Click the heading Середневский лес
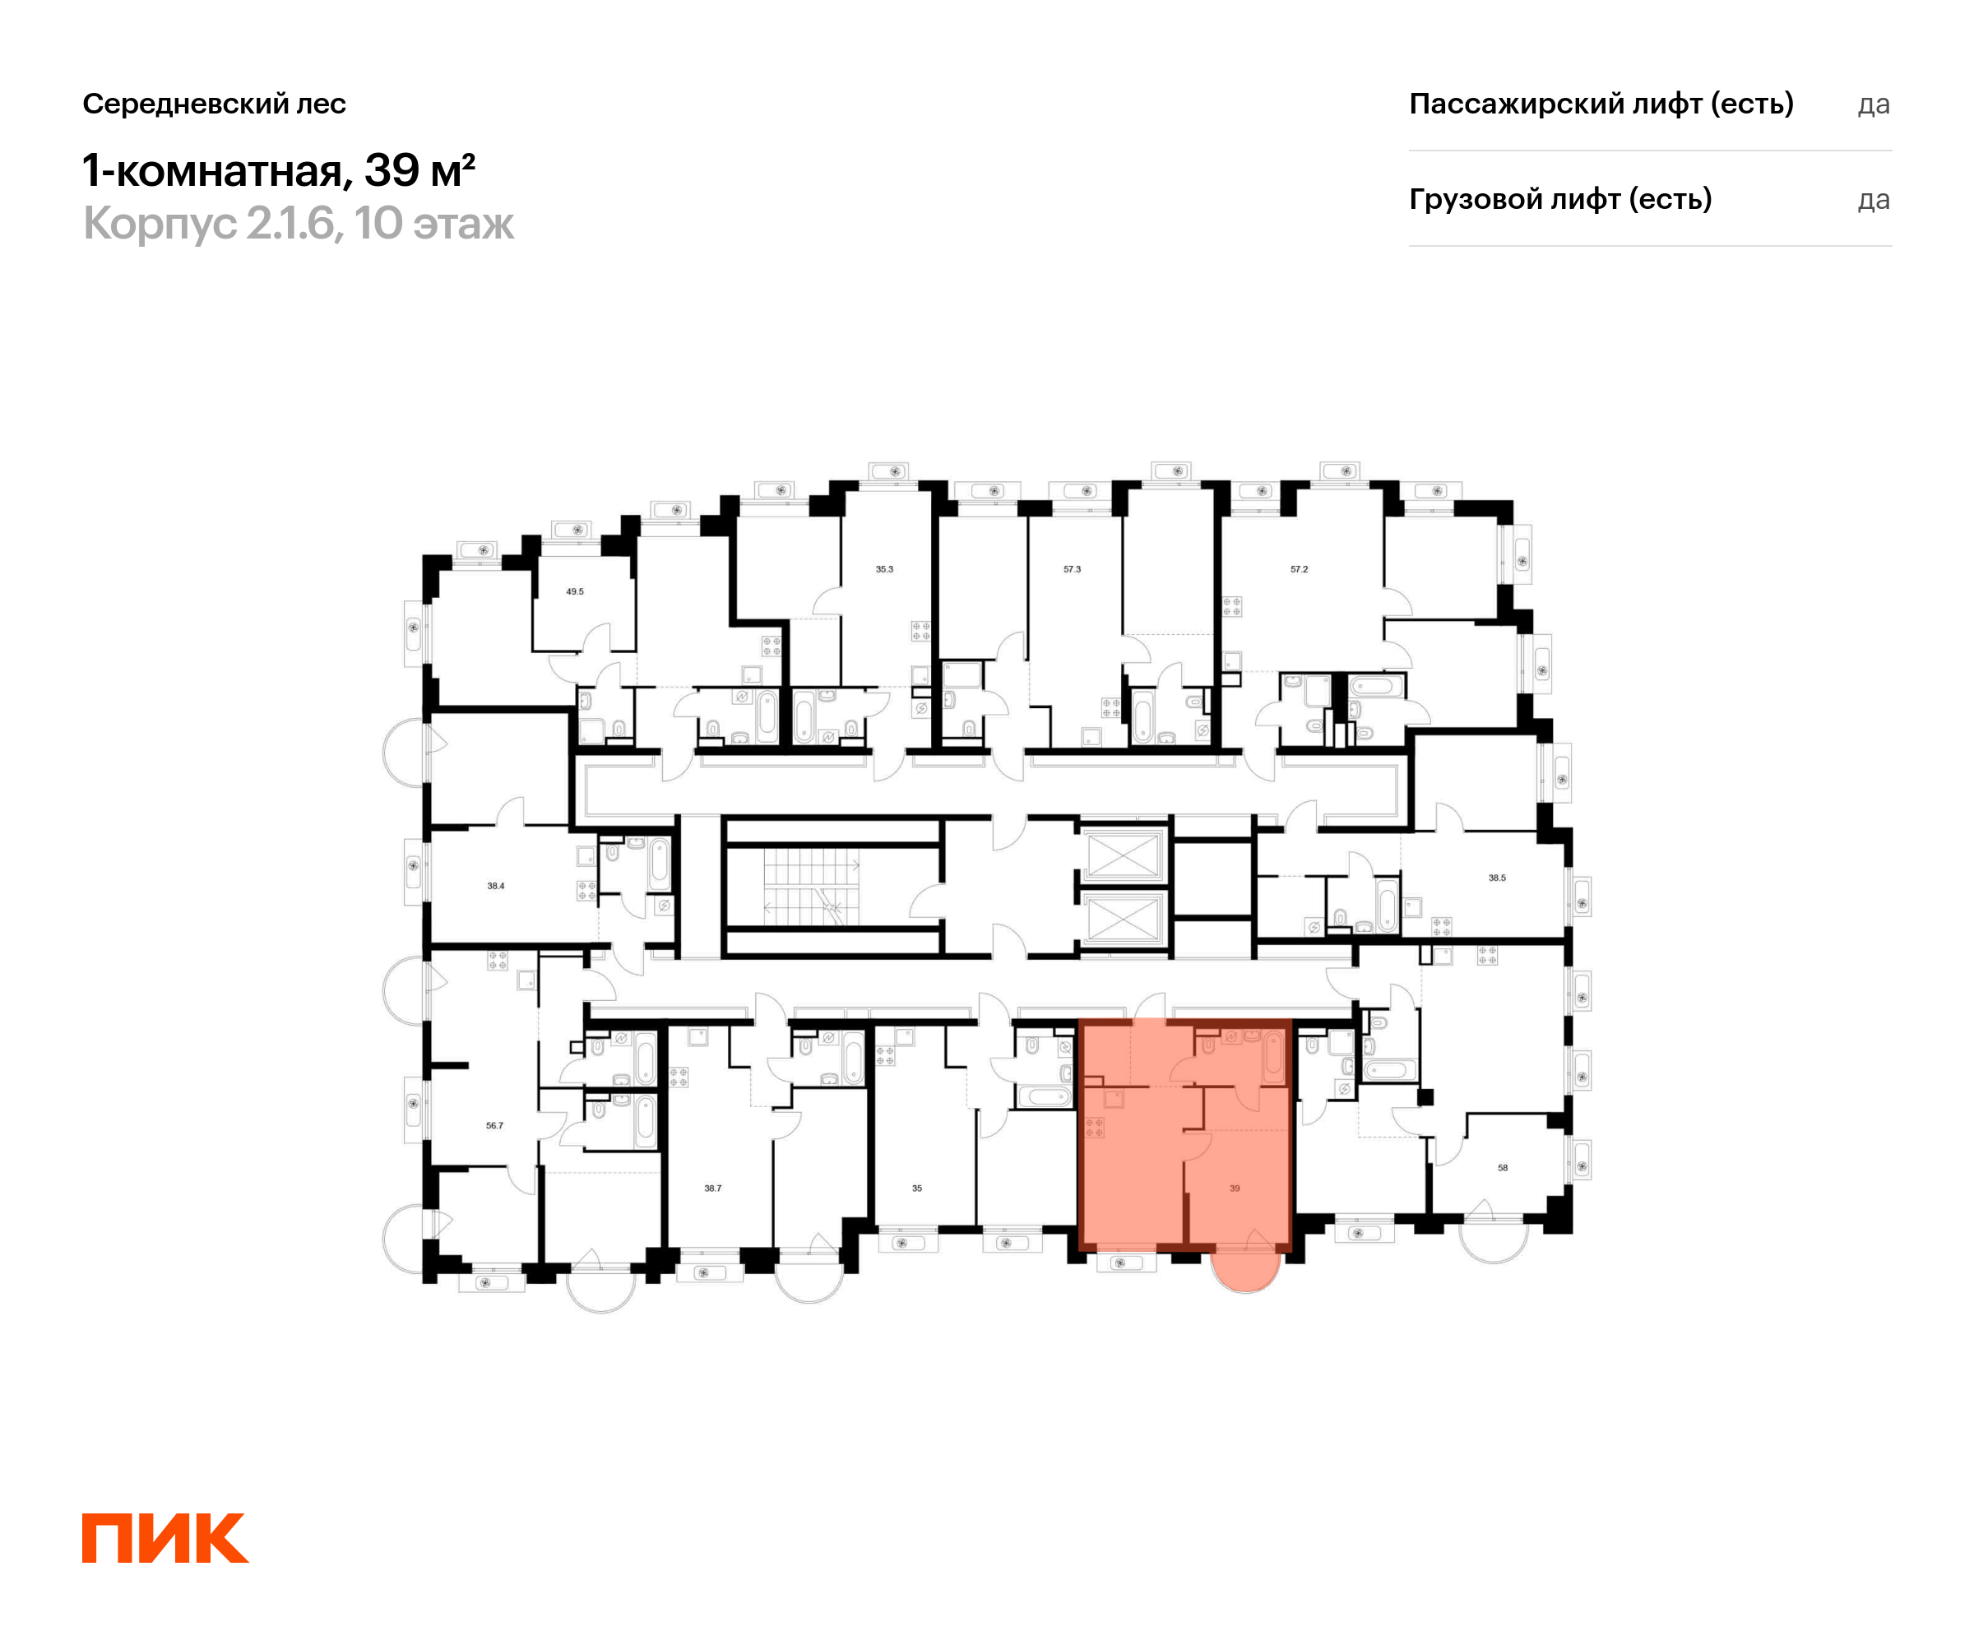(x=215, y=104)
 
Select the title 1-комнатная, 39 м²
(x=279, y=170)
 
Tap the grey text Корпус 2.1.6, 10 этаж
(x=299, y=224)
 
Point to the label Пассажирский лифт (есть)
(x=1601, y=104)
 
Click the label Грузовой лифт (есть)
(x=1560, y=199)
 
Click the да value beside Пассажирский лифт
(x=1874, y=104)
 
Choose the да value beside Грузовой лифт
(x=1874, y=200)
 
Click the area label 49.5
(x=574, y=592)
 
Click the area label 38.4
(x=495, y=887)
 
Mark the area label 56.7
(x=494, y=1126)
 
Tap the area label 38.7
(x=713, y=1189)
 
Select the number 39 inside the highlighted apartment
(x=1235, y=1189)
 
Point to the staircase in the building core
(x=810, y=887)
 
